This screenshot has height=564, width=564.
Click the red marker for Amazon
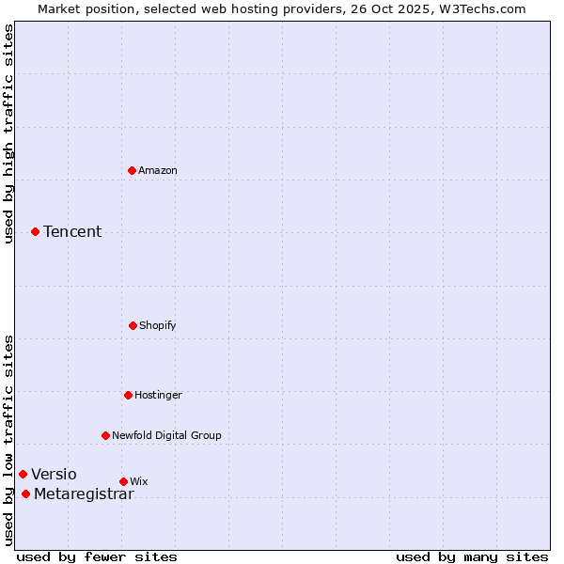point(133,170)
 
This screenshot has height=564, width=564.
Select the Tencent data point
point(35,231)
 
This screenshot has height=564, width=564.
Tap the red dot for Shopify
point(133,325)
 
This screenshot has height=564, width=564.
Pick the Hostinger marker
point(128,395)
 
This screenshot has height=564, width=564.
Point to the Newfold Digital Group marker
point(105,435)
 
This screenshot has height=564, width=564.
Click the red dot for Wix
point(123,481)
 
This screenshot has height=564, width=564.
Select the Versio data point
point(23,474)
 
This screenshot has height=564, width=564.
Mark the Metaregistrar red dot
point(25,494)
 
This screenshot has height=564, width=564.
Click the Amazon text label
point(158,170)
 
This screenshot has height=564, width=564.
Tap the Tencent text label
point(72,231)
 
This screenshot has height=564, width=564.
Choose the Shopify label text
point(158,325)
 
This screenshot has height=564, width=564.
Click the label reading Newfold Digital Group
point(166,435)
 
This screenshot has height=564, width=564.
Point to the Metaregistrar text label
point(84,494)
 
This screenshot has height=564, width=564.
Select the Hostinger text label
point(158,395)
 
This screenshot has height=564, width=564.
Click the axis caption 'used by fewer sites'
point(97,556)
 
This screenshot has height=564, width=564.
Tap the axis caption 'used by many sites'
point(472,556)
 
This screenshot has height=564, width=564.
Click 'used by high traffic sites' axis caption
point(8,134)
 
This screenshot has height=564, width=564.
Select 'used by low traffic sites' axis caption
point(8,439)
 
